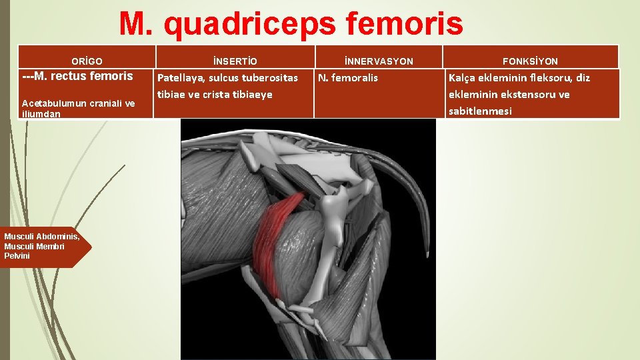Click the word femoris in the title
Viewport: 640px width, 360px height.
(405, 25)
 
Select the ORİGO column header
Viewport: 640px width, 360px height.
(87, 61)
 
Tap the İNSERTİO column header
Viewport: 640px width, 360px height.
(234, 61)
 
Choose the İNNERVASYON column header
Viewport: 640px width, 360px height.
(379, 61)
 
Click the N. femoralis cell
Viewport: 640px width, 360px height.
(348, 78)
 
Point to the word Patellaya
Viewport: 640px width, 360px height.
(181, 78)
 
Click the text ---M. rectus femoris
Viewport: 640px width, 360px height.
(77, 76)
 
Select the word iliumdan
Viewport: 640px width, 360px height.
(41, 114)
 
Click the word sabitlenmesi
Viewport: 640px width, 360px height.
(480, 111)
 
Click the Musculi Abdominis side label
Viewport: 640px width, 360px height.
(41, 237)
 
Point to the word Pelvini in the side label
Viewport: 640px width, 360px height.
(17, 256)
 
